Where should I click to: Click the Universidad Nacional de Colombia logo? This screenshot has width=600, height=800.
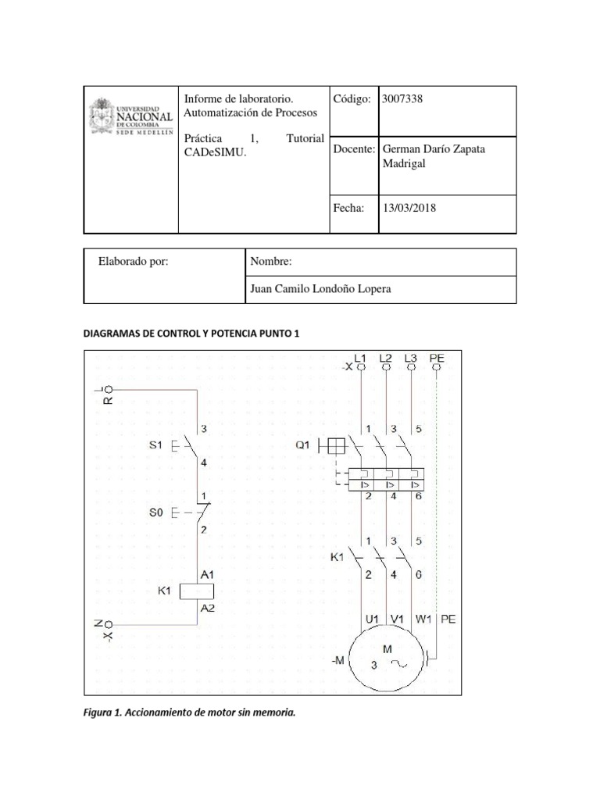coord(131,118)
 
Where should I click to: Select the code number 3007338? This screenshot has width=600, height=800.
coord(404,99)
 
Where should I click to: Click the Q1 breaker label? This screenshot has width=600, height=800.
coord(304,445)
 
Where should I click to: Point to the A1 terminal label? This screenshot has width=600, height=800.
coord(208,574)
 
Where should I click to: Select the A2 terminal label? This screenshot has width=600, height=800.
coord(208,608)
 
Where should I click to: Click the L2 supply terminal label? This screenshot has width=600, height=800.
coord(385,359)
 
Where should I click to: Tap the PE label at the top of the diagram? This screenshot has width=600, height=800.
coord(437,359)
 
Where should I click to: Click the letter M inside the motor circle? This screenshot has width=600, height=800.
coord(387,648)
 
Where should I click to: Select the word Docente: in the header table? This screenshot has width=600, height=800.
coord(355,148)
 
